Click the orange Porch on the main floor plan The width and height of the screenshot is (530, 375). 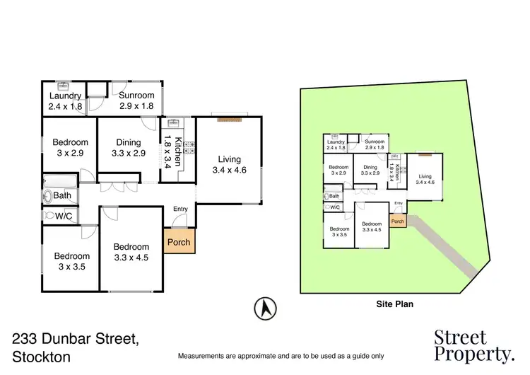click(178, 242)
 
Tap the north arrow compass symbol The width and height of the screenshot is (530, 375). click(265, 308)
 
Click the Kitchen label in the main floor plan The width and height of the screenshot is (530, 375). click(173, 151)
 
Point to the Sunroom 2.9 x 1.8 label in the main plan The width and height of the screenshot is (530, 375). click(136, 101)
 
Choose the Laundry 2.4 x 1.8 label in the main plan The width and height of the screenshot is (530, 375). click(66, 101)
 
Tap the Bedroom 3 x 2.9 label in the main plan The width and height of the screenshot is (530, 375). click(70, 147)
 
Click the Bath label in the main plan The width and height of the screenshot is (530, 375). click(62, 195)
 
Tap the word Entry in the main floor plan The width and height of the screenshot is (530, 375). click(180, 209)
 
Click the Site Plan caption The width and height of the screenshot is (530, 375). click(394, 304)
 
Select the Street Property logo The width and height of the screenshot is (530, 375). click(473, 345)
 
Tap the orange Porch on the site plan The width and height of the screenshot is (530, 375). click(398, 221)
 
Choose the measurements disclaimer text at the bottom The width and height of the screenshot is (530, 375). click(281, 355)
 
